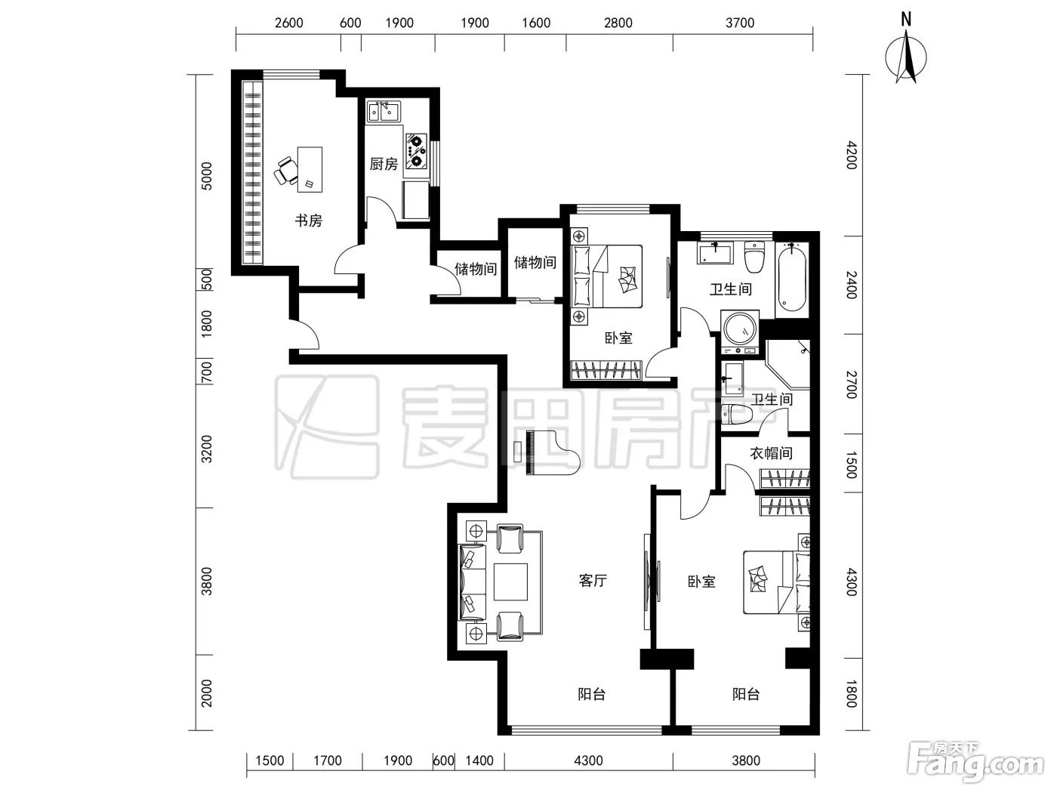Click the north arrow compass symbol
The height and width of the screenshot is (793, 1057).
click(x=906, y=55)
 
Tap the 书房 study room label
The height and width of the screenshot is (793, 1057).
click(x=308, y=221)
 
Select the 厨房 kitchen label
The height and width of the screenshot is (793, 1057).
click(x=384, y=164)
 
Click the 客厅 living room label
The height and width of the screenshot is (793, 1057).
click(x=593, y=581)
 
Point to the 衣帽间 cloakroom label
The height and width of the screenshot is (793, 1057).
click(x=771, y=453)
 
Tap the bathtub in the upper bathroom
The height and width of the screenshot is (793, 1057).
click(x=792, y=278)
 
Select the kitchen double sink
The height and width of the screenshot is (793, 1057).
click(x=384, y=112)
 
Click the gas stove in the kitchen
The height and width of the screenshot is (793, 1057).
click(x=416, y=151)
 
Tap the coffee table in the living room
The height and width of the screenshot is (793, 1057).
click(x=510, y=582)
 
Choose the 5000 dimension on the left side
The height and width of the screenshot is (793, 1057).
click(x=206, y=176)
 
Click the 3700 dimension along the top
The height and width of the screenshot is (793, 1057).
click(x=740, y=23)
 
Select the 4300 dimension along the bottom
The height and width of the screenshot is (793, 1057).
click(x=588, y=761)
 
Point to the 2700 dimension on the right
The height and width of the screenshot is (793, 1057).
click(x=852, y=384)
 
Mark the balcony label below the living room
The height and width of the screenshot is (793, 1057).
click(x=592, y=694)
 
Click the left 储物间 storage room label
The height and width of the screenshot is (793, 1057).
click(x=476, y=269)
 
